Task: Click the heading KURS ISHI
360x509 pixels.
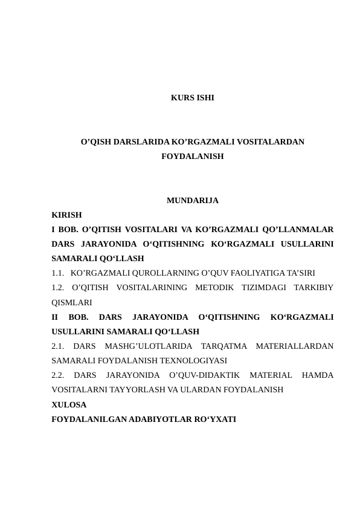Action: point(192,97)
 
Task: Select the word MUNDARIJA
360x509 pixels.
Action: point(192,200)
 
